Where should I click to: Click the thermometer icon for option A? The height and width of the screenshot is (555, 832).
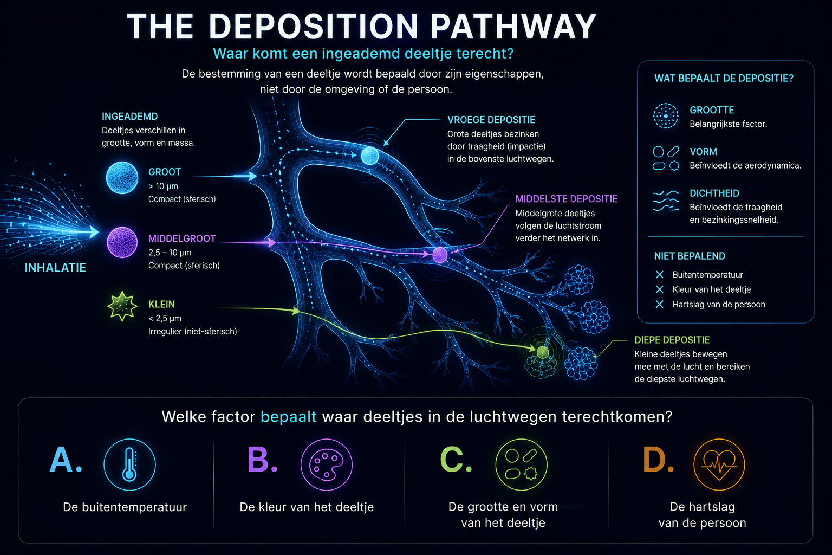[x=129, y=464]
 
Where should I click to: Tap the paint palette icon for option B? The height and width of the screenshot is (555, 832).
[x=327, y=464]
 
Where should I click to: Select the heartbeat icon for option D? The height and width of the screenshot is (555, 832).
[x=719, y=464]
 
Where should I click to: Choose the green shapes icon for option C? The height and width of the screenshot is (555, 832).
[x=521, y=464]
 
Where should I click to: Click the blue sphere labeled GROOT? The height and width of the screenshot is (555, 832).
[x=122, y=178]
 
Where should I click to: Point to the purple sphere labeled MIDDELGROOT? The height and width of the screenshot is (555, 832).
[x=122, y=242]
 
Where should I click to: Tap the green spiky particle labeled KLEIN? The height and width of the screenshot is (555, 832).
[x=122, y=306]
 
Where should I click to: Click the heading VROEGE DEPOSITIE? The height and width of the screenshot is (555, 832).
[x=491, y=120]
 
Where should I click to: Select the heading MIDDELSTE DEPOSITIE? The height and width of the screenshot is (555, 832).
[x=567, y=199]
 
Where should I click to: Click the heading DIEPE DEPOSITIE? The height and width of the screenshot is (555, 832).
[x=672, y=340]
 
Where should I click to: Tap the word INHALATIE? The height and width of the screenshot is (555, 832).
[x=55, y=268]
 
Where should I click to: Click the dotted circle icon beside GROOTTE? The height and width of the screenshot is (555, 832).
[x=666, y=116]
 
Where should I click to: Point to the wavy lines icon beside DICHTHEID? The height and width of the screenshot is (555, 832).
[x=666, y=201]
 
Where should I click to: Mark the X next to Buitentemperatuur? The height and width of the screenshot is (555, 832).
[x=660, y=274]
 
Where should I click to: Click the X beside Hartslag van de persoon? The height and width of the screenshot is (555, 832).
[x=660, y=304]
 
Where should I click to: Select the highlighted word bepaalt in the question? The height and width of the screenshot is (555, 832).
[x=289, y=417]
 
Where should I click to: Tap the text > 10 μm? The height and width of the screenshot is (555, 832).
[x=164, y=186]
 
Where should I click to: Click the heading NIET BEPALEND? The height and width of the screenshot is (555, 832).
[x=690, y=256]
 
